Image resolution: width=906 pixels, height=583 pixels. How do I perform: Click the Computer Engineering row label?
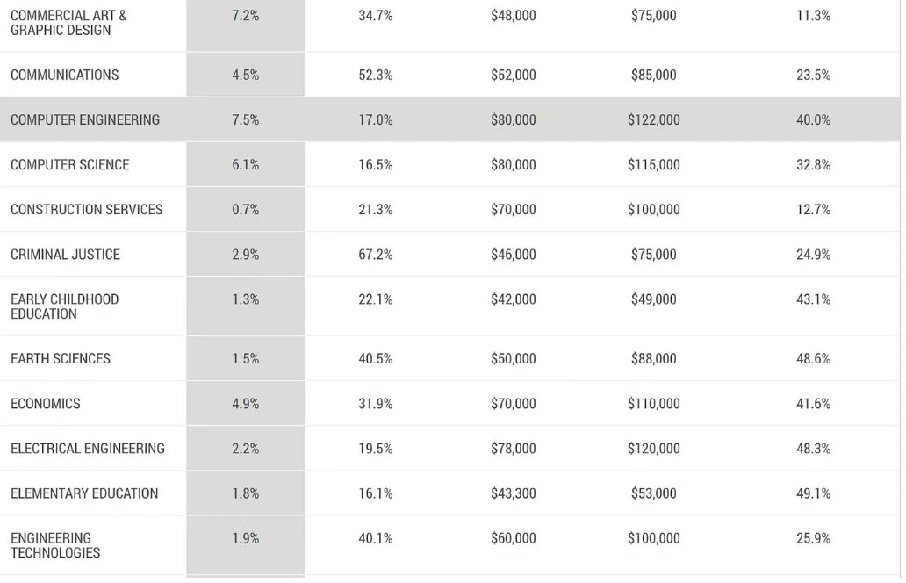tap(85, 120)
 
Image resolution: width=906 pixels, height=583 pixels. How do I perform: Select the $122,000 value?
tap(653, 120)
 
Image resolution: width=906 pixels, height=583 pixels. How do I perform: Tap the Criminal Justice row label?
tap(65, 255)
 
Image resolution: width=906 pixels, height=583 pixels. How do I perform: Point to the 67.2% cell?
tap(375, 255)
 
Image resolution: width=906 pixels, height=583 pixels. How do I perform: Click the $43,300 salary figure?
tap(513, 493)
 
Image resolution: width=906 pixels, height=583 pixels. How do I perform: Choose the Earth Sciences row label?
tap(61, 359)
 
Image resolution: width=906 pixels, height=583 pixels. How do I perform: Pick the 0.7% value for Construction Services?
tap(245, 210)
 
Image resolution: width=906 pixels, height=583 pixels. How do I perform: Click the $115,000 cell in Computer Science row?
tap(653, 165)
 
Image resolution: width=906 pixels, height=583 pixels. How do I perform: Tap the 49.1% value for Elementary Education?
tap(813, 493)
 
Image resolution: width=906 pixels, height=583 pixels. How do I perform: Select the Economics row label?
tap(46, 404)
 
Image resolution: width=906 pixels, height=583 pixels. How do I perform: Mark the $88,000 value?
tap(653, 359)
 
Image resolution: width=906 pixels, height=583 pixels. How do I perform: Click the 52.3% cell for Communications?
tap(375, 76)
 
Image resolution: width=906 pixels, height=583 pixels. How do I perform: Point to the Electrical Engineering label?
tap(88, 449)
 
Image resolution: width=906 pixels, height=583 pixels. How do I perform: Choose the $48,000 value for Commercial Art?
tap(513, 16)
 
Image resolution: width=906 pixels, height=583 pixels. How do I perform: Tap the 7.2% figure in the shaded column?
tap(245, 16)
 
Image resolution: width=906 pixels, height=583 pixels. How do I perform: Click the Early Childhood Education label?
tap(64, 306)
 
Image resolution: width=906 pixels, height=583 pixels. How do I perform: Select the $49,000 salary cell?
tap(653, 299)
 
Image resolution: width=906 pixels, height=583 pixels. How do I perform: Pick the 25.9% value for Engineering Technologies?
tap(813, 538)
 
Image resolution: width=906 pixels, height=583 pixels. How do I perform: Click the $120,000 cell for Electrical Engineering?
tap(653, 449)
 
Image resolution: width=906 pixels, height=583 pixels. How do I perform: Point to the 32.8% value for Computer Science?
tap(813, 165)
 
